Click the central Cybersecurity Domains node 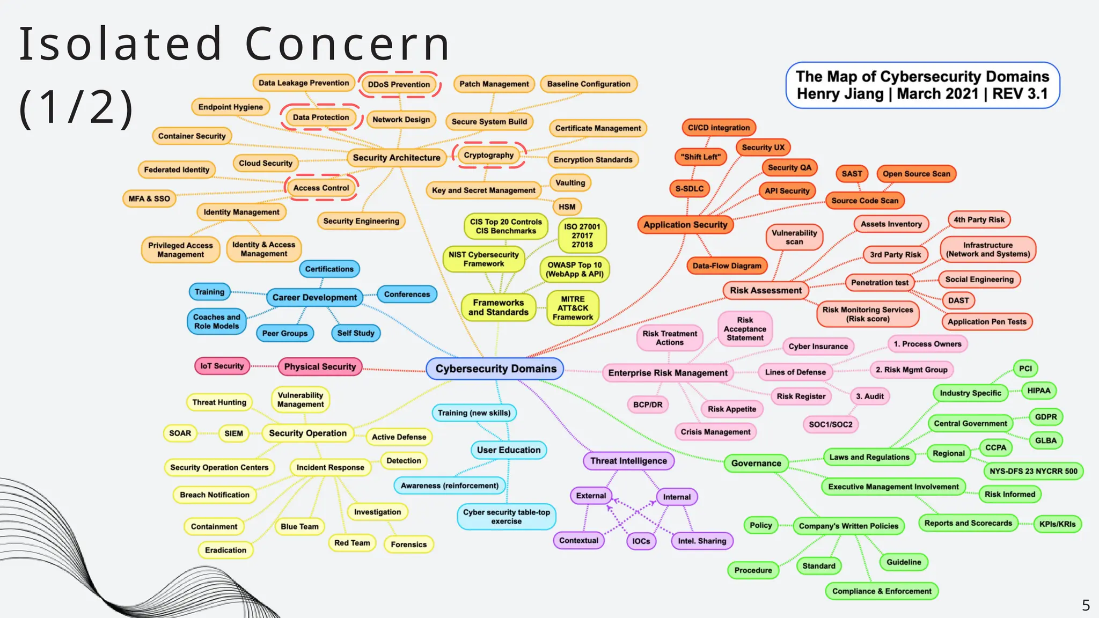(495, 369)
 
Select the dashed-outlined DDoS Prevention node (399, 84)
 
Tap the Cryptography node (488, 155)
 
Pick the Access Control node (321, 188)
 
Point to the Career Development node (314, 297)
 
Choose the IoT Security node (222, 366)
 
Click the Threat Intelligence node (628, 461)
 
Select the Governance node (756, 463)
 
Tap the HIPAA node (1038, 391)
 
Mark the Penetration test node (880, 283)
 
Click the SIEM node (233, 433)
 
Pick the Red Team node (352, 543)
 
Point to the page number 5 (1086, 606)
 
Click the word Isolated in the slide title (121, 44)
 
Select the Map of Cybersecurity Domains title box (922, 85)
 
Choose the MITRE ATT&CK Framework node (573, 308)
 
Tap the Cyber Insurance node (818, 347)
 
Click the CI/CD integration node (719, 128)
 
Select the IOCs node (641, 541)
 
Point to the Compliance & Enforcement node (882, 591)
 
